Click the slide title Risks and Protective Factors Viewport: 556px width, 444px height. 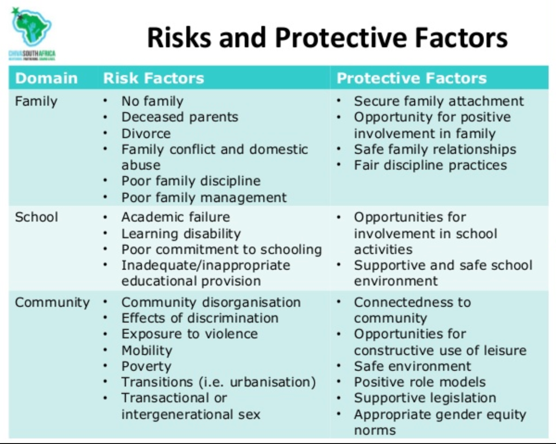pos(328,38)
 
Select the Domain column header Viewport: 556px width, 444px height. pos(46,78)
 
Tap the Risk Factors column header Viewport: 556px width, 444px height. pos(154,78)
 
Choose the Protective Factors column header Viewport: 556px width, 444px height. pos(411,78)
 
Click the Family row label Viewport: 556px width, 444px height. pos(36,101)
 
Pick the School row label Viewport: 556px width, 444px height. pos(37,217)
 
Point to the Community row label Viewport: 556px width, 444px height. pos(52,303)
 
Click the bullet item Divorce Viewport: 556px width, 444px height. pos(146,133)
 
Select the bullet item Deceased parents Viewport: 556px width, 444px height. pos(180,117)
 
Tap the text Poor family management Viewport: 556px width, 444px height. pos(204,198)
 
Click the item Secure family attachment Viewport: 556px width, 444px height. pos(439,101)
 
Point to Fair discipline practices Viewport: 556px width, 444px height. pos(430,165)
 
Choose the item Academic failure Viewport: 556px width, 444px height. pos(176,217)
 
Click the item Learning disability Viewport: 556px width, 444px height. pos(181,234)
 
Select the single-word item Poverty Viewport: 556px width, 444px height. pos(146,367)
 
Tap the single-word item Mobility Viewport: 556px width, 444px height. pos(147,351)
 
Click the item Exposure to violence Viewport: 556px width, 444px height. pos(190,334)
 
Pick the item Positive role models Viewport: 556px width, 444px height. pos(420,382)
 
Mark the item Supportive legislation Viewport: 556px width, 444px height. pos(425,398)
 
